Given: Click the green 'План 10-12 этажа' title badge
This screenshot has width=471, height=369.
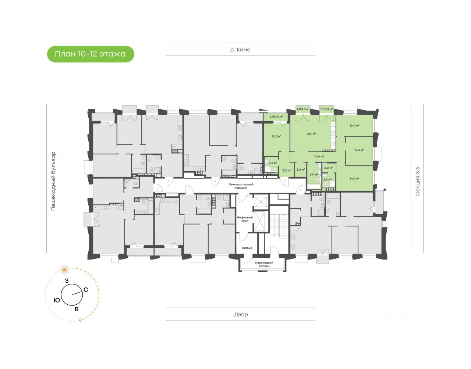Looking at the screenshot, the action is pos(90,54).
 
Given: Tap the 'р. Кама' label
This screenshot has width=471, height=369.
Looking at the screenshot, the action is pos(240,50).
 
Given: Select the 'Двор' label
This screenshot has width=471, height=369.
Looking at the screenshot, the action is pos(241,315).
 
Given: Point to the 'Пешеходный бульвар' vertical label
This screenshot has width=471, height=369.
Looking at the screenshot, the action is pos(53,181).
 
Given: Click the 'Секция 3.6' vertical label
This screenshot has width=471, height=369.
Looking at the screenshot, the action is pos(417,181).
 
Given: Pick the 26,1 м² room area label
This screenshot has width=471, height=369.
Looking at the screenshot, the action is pos(312,134).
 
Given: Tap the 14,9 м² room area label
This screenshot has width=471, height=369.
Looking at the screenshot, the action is pos(354,179).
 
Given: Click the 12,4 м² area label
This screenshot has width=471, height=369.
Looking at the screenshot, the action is pos(354,126).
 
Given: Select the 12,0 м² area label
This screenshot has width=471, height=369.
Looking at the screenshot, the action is pos(359,150).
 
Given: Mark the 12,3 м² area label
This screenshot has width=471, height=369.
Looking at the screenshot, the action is pos(276,136).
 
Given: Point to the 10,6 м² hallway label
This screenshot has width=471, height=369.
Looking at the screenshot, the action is pos(319,157).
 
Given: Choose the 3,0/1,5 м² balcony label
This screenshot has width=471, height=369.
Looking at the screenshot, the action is pos(276,117).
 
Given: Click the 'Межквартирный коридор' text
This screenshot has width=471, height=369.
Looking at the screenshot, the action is pos(241,186).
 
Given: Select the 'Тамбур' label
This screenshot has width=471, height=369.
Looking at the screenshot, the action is pos(247,248).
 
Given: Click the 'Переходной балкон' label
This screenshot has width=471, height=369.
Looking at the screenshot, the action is pos(264,264).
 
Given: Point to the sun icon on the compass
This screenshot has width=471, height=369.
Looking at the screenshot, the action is pos(65,270).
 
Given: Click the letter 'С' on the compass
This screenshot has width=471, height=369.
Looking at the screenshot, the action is pos(86,290).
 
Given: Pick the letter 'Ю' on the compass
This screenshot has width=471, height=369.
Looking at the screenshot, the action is pos(57,300).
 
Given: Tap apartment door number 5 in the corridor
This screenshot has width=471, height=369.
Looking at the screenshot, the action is pos(285,181).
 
